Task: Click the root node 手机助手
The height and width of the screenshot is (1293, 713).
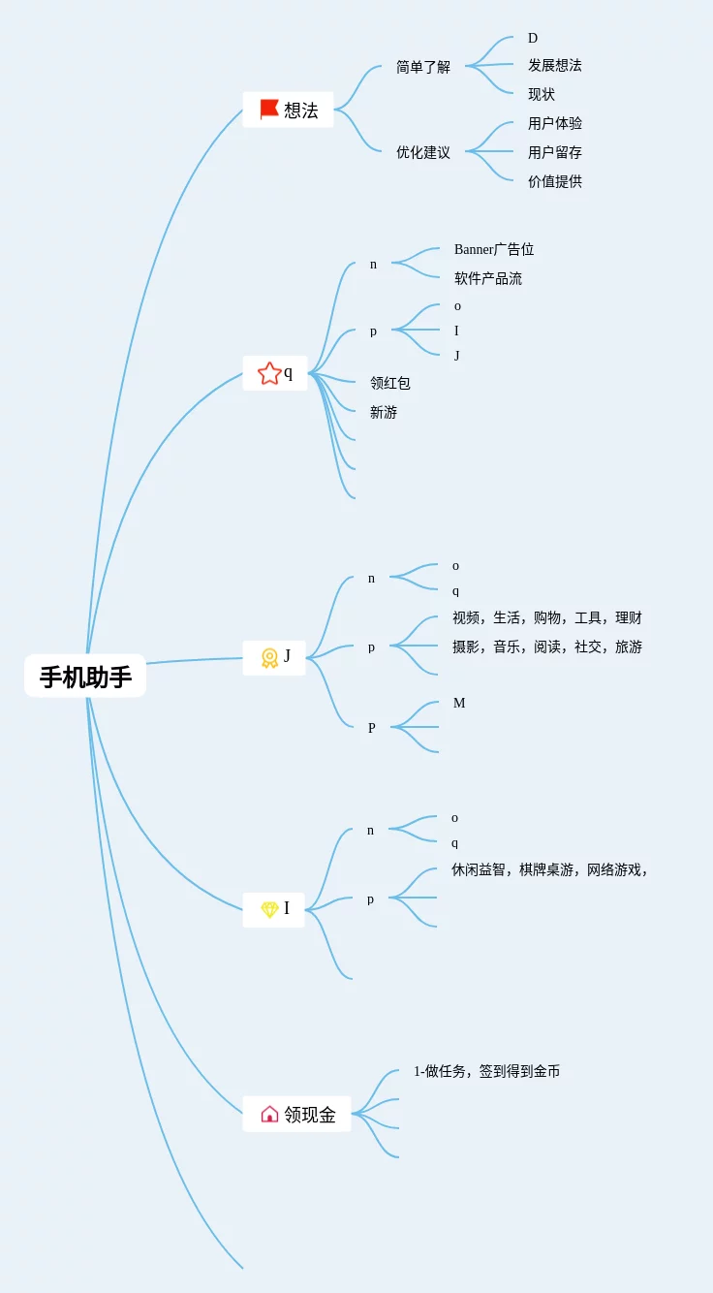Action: [x=85, y=677]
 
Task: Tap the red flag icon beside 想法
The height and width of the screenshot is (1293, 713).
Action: [x=269, y=110]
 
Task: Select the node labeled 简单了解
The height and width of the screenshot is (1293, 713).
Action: [x=423, y=67]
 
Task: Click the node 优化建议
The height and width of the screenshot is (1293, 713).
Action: [x=423, y=152]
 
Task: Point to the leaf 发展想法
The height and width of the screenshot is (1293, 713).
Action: [x=555, y=65]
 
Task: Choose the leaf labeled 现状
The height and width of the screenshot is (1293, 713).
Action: [x=542, y=94]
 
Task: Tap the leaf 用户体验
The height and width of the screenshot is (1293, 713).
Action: [x=555, y=123]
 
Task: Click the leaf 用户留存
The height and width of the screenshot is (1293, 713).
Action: [x=555, y=152]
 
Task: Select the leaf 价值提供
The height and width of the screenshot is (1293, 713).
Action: [x=555, y=181]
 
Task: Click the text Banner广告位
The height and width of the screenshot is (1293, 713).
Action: [x=494, y=249]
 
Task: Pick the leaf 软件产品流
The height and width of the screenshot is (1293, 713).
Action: [x=488, y=278]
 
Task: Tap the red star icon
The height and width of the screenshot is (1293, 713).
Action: [x=269, y=373]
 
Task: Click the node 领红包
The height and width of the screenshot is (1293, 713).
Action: [x=390, y=383]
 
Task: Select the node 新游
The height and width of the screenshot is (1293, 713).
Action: [x=384, y=412]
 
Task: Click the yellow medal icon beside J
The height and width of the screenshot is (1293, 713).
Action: [x=269, y=657]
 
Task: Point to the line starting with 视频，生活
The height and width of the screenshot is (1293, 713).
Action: [x=547, y=617]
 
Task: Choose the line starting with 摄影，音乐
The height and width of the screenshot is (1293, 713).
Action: [x=547, y=646]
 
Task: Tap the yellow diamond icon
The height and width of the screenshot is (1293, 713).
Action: [x=269, y=909]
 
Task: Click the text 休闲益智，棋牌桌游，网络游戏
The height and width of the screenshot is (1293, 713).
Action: [x=548, y=869]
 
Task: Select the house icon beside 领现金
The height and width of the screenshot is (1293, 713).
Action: [x=269, y=1115]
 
